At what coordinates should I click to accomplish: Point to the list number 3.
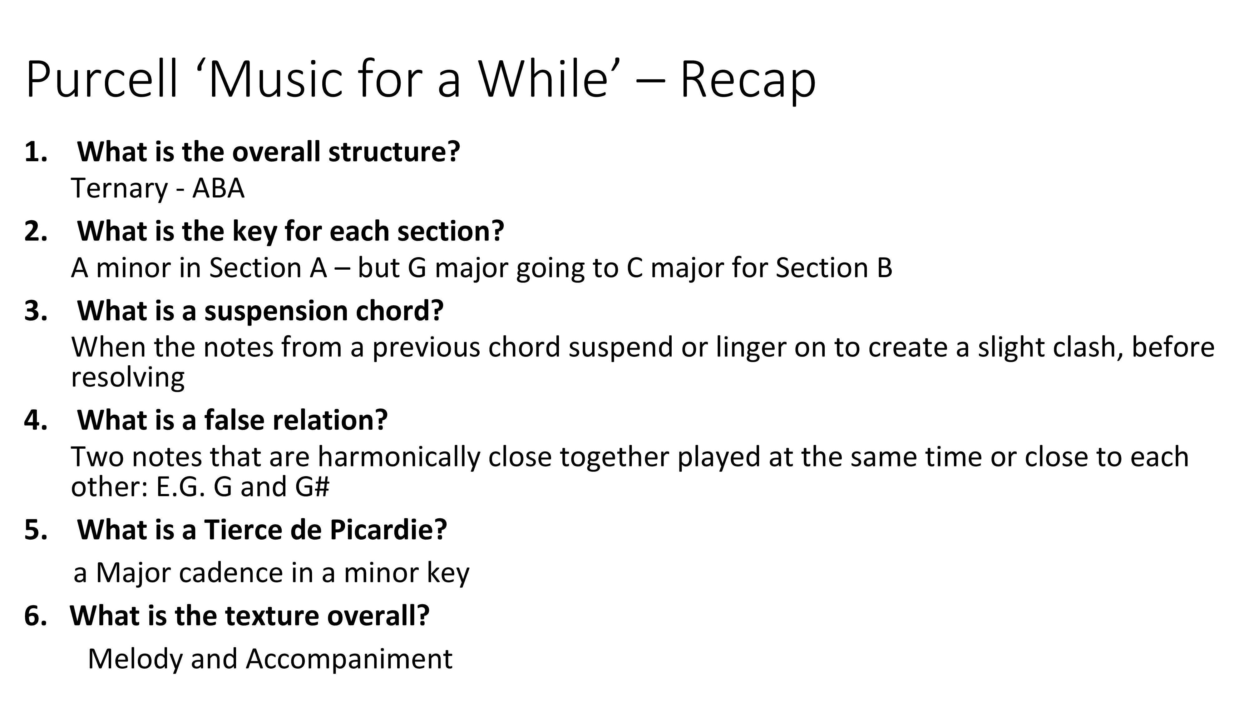pyautogui.click(x=35, y=311)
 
